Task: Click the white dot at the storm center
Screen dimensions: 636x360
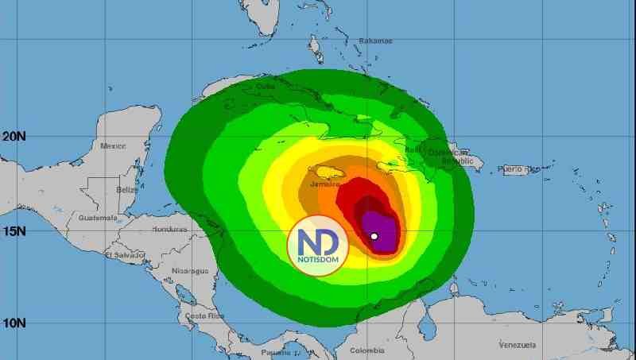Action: tap(374, 236)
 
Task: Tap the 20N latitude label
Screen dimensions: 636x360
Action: tap(13, 137)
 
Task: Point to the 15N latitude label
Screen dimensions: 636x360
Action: tap(13, 231)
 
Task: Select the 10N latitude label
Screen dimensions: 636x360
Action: tap(13, 323)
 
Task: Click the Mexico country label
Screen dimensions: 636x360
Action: tap(114, 146)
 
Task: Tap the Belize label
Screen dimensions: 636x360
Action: tap(126, 191)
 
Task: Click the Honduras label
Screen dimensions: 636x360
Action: tap(169, 230)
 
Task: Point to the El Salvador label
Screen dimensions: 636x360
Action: tap(125, 255)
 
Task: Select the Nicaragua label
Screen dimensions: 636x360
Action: tap(191, 271)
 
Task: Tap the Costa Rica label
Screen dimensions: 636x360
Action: tap(200, 316)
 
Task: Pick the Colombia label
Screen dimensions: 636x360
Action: tap(366, 350)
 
